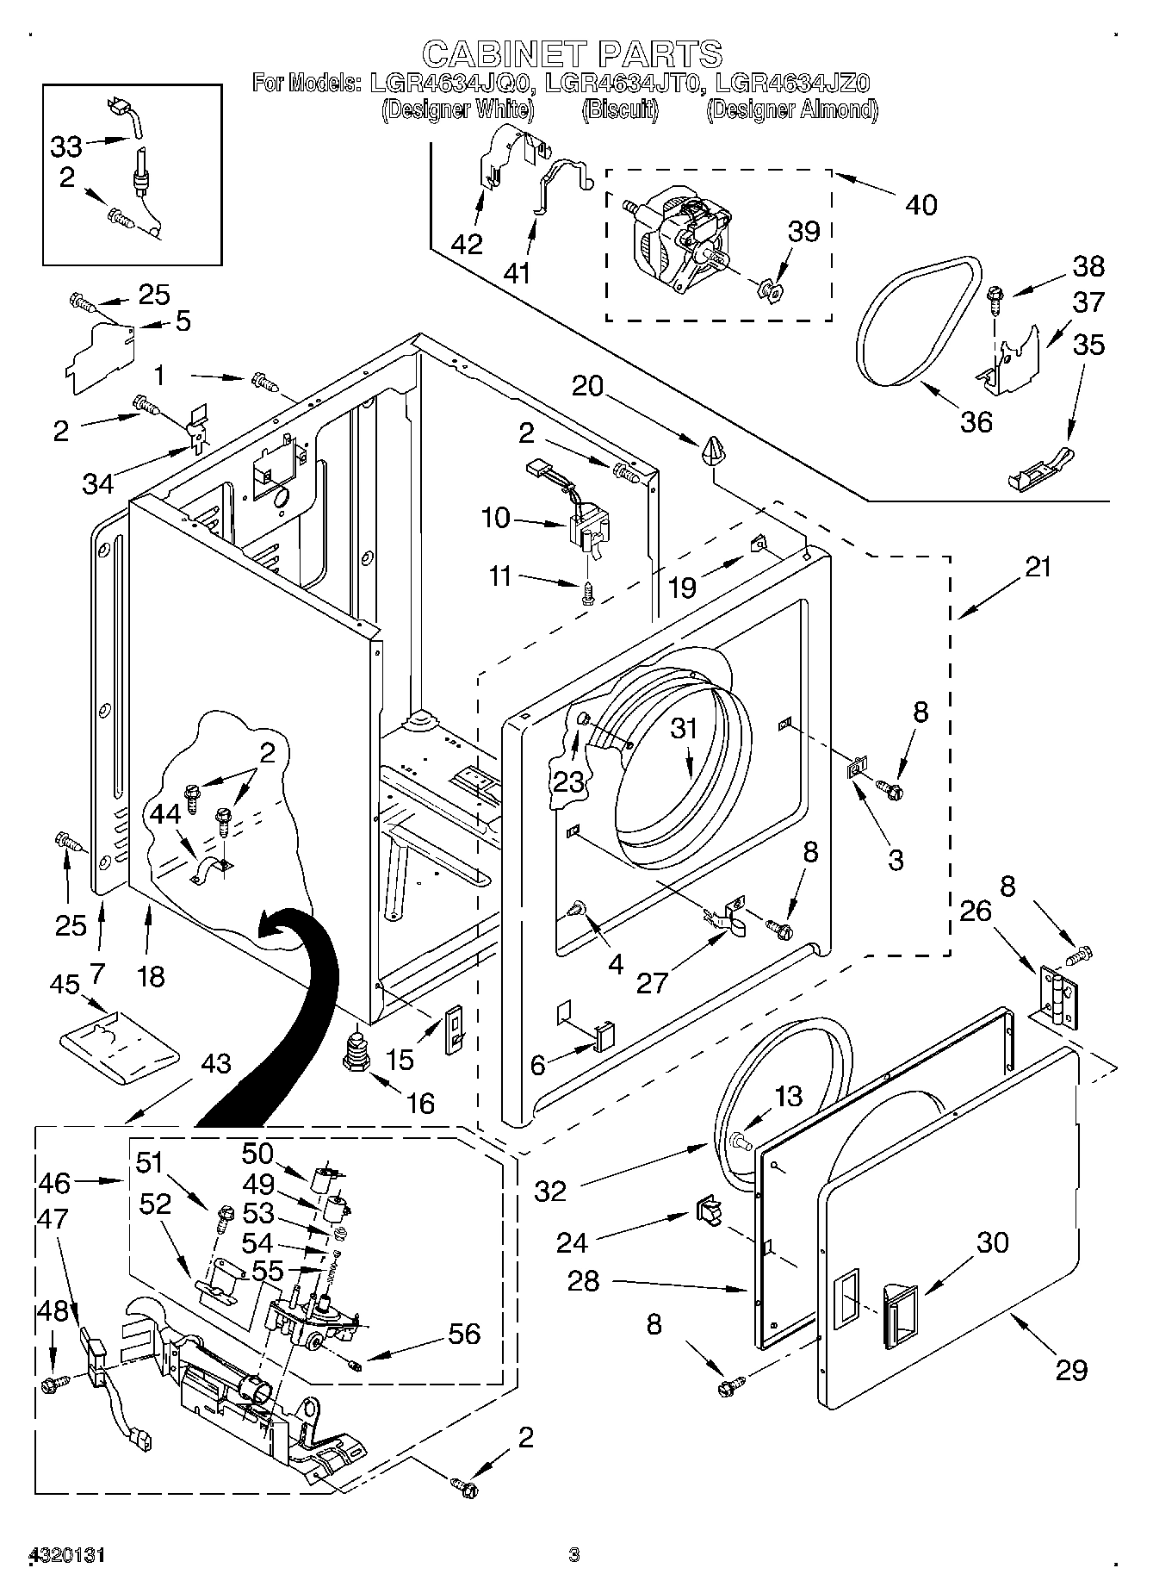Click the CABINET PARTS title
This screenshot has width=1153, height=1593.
(x=572, y=53)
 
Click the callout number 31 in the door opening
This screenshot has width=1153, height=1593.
(x=684, y=729)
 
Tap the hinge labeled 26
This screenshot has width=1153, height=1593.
(x=1058, y=996)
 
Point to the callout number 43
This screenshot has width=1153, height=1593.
(x=214, y=1064)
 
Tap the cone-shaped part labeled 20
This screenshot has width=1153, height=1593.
(x=714, y=450)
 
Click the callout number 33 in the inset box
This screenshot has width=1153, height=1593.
(x=65, y=146)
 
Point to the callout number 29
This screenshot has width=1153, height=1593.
(x=1071, y=1370)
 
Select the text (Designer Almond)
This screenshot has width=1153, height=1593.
(x=791, y=109)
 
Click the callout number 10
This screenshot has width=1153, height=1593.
(x=496, y=518)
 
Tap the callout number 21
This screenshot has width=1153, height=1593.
(x=1037, y=569)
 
